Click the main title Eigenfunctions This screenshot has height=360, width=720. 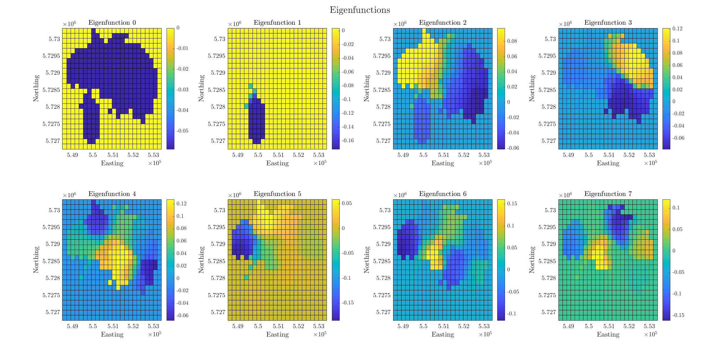[360, 10]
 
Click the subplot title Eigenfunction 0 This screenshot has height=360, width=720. [112, 22]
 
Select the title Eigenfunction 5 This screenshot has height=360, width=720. [277, 194]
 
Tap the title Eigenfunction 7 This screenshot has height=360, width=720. [608, 194]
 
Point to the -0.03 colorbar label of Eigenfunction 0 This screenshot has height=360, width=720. [182, 90]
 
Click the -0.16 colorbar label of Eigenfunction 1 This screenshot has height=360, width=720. [348, 141]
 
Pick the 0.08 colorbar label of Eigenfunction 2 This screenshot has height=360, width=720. [512, 41]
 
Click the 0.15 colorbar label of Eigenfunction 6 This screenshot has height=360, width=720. [512, 204]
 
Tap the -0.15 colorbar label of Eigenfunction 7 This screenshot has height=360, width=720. [678, 315]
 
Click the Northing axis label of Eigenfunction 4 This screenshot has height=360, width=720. [36, 260]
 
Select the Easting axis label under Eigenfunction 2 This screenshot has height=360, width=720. [442, 163]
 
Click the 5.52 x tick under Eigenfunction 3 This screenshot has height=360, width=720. [629, 155]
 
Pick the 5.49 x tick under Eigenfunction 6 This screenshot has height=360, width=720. [403, 326]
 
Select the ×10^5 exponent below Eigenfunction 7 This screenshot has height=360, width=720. [650, 334]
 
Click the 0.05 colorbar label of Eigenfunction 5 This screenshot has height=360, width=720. [347, 203]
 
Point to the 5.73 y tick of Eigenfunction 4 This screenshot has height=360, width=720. [54, 210]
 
